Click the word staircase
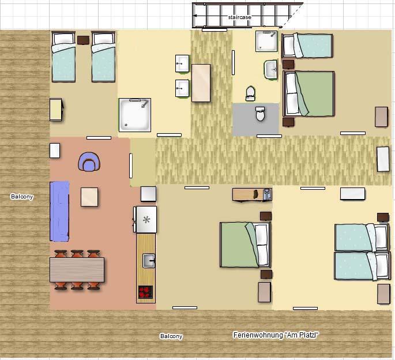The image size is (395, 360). pyautogui.click(x=239, y=17)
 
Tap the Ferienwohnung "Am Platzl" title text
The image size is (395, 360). pyautogui.click(x=276, y=335)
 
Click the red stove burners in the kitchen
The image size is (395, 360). pyautogui.click(x=146, y=292)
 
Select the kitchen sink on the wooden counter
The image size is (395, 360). pyautogui.click(x=149, y=261)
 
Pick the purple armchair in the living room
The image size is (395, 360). pyautogui.click(x=89, y=162)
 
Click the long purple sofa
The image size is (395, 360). pyautogui.click(x=59, y=211)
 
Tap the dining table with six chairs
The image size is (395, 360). pyautogui.click(x=77, y=270)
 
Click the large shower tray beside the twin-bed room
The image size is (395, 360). pyautogui.click(x=135, y=115)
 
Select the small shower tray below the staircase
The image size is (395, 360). pyautogui.click(x=266, y=42)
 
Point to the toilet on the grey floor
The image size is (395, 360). pyautogui.click(x=260, y=114)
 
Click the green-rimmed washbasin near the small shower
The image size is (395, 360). pyautogui.click(x=271, y=70)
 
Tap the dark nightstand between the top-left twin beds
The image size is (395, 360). pyautogui.click(x=83, y=40)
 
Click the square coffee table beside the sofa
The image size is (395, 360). pyautogui.click(x=89, y=197)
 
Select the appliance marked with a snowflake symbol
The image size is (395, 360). pyautogui.click(x=146, y=220)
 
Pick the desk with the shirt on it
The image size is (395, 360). pyautogui.click(x=252, y=194)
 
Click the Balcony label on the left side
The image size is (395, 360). pyautogui.click(x=22, y=197)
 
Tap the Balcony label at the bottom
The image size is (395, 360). pyautogui.click(x=171, y=336)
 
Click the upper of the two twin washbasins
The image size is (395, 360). pyautogui.click(x=182, y=63)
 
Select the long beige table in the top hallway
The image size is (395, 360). pyautogui.click(x=201, y=83)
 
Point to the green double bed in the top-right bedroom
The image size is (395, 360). pyautogui.click(x=309, y=93)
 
